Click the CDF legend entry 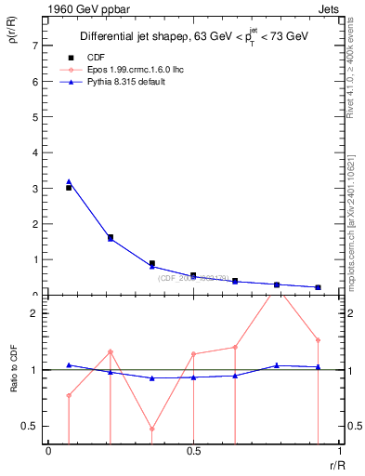[95, 57]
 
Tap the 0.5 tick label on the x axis [193, 451]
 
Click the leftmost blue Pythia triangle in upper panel [69, 181]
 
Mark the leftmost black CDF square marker [69, 188]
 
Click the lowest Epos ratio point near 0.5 [151, 430]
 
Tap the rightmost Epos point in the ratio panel [318, 340]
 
